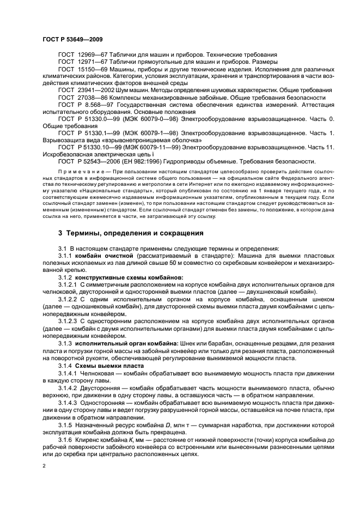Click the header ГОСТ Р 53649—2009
tap(72, 39)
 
